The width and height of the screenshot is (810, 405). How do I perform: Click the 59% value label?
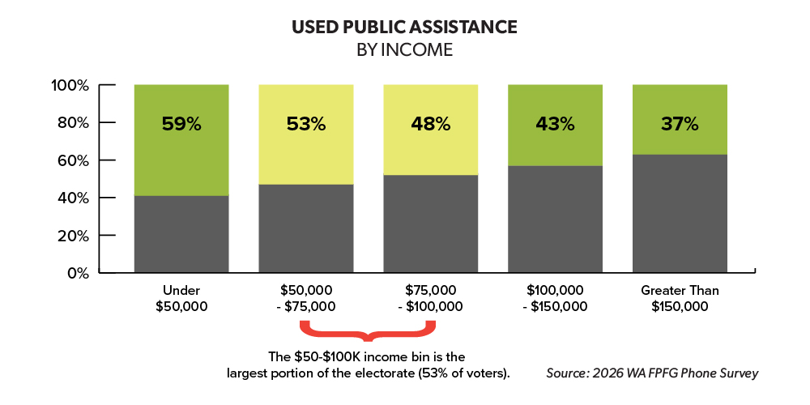181,125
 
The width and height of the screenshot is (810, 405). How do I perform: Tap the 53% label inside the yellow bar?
306,125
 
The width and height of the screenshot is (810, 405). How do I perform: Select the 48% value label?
431,125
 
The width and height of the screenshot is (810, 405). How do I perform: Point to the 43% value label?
555,125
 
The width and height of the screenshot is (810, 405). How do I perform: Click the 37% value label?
680,125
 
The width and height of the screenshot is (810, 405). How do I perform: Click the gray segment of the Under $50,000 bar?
181,234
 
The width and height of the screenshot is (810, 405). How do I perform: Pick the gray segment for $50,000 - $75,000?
306,228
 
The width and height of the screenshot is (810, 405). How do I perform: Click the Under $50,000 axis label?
181,298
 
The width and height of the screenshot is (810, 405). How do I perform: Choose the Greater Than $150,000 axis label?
680,298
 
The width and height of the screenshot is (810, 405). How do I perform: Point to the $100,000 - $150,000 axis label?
555,298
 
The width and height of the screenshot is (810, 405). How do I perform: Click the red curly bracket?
369,331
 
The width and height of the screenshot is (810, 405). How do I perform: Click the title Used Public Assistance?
405,27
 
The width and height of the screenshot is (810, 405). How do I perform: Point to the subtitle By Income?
405,49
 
